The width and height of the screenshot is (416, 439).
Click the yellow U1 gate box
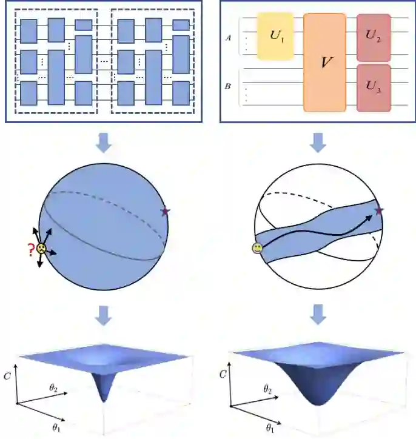point(275,36)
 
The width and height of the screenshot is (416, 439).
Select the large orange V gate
point(324,62)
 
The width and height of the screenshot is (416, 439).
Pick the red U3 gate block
point(374,88)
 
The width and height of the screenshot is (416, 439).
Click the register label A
point(228,37)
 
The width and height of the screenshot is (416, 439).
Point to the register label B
point(228,87)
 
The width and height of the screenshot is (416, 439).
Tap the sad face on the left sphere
point(40,249)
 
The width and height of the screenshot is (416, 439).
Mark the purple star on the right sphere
point(380,210)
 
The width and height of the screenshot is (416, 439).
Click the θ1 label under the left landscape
point(56,428)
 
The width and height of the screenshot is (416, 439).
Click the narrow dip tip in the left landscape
point(105,400)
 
